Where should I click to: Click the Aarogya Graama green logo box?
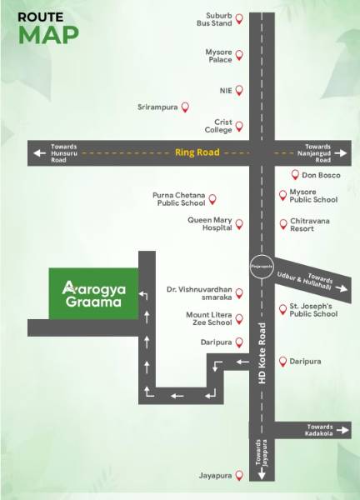click(x=92, y=292)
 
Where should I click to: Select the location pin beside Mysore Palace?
click(x=239, y=56)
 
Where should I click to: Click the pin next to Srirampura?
click(x=185, y=107)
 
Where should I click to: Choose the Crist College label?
click(x=218, y=126)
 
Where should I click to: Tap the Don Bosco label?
click(x=318, y=176)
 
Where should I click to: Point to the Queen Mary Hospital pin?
click(x=239, y=223)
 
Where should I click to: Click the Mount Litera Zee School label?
click(x=208, y=319)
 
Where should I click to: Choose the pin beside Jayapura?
click(x=239, y=476)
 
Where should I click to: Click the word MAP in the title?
click(x=49, y=34)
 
